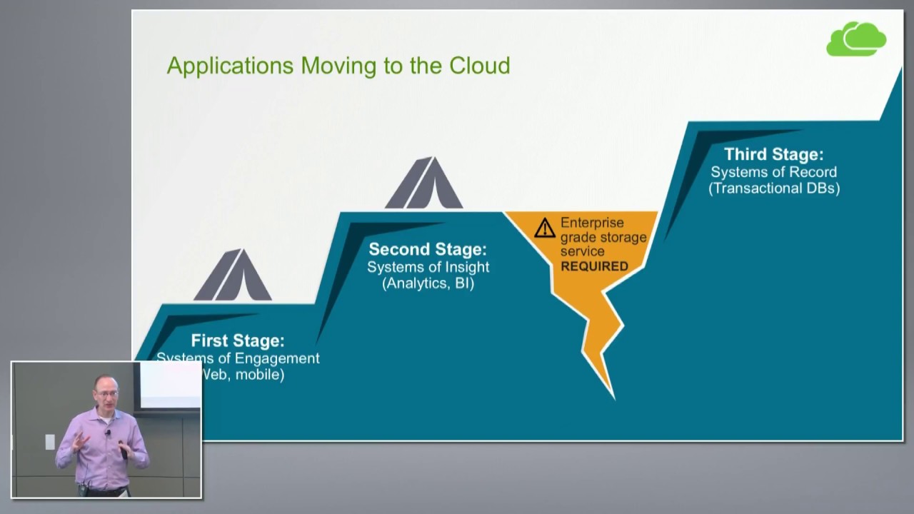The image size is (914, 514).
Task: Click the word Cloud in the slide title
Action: [x=479, y=66]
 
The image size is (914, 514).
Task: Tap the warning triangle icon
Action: [x=545, y=228]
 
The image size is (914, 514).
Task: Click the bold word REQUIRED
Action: [x=594, y=266]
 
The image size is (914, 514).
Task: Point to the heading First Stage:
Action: [x=237, y=341]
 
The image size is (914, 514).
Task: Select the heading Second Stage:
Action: [x=428, y=249]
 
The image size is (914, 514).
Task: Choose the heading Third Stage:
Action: [x=773, y=154]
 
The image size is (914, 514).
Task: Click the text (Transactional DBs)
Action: [x=774, y=188]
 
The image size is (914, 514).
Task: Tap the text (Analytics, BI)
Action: [x=428, y=283]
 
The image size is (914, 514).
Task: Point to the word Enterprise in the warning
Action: [x=592, y=223]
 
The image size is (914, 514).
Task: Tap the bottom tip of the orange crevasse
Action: [x=613, y=396]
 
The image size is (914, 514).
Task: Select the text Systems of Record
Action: [x=773, y=172]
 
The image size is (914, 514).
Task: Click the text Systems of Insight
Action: [x=428, y=267]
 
